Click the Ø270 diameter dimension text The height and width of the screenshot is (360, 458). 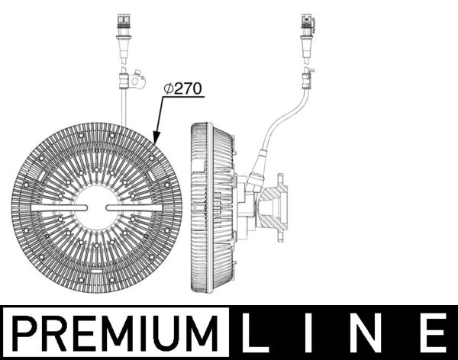point(182,88)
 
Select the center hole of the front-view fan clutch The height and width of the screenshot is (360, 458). point(97,207)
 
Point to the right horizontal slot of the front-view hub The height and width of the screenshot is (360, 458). point(135,207)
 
